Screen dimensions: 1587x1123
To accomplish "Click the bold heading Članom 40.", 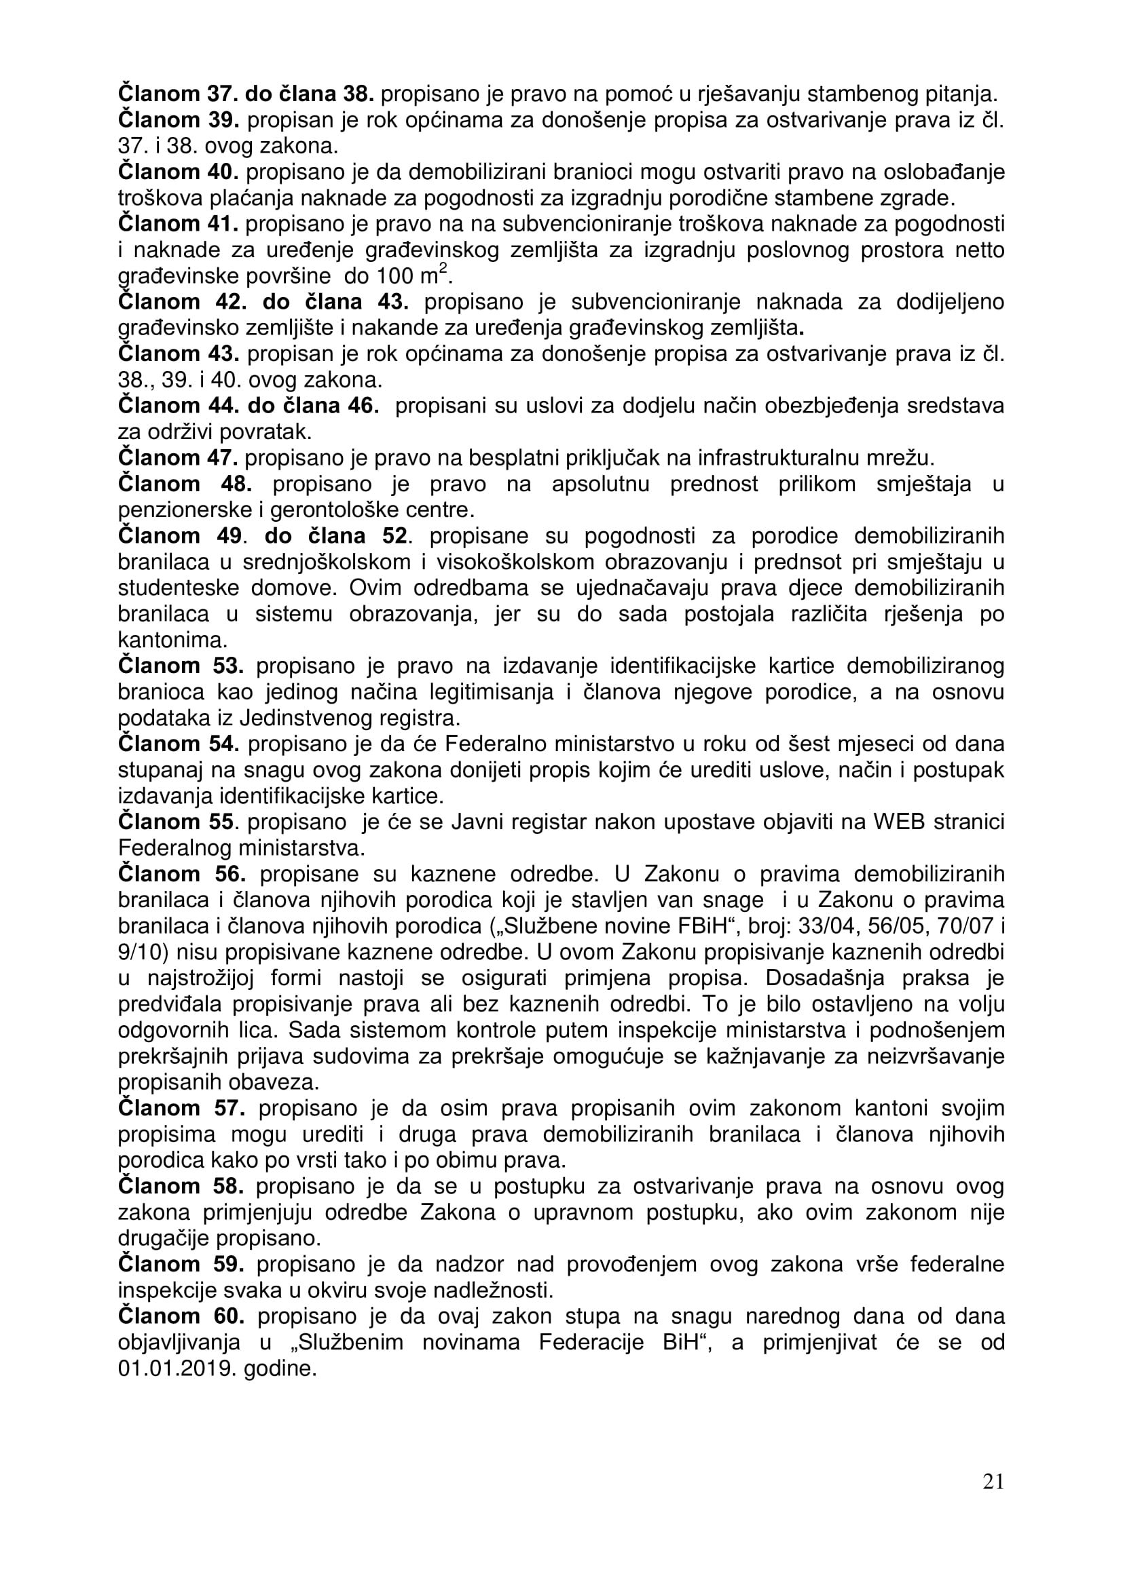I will point(179,172).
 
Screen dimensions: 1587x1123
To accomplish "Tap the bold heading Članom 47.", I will point(179,457).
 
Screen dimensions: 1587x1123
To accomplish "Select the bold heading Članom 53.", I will point(181,666).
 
